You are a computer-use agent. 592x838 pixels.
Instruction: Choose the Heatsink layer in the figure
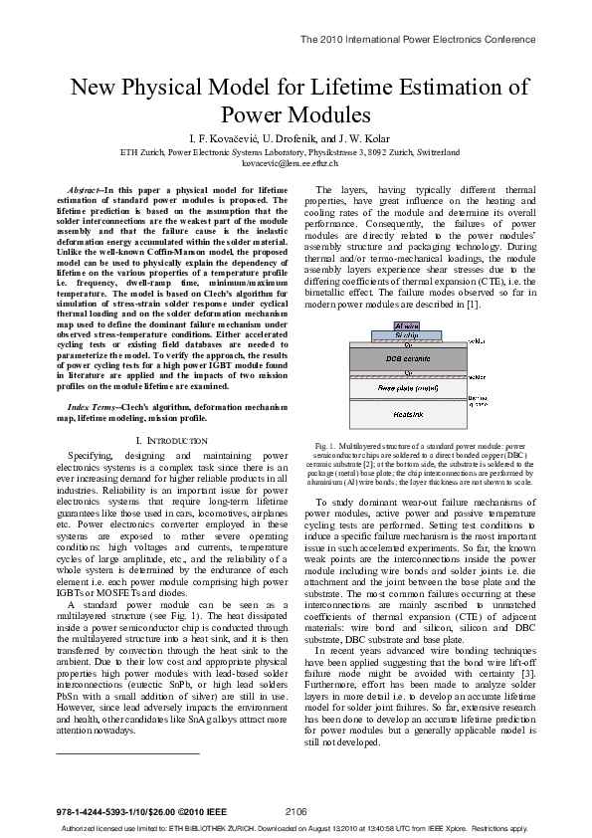[409, 413]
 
